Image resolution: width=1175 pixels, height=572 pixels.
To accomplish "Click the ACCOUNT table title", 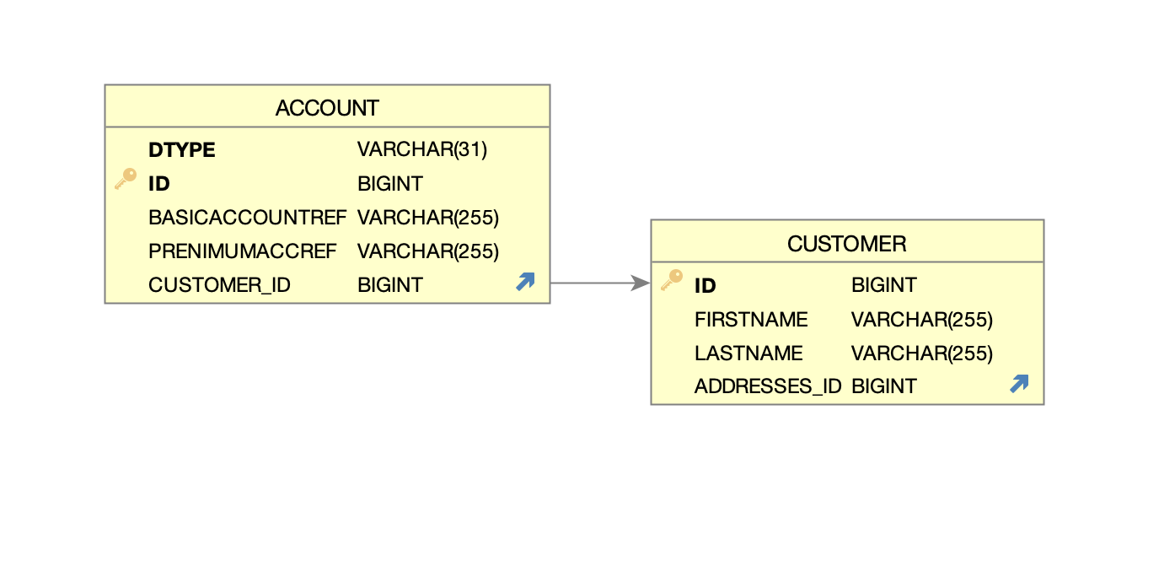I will pos(327,108).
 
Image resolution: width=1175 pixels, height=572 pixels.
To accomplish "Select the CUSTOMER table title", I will pos(846,244).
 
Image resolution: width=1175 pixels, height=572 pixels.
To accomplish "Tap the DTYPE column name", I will pos(181,150).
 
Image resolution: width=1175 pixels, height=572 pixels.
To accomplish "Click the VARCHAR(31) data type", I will pos(422,150).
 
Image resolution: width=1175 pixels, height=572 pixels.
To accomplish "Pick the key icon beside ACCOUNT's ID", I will pos(126,179).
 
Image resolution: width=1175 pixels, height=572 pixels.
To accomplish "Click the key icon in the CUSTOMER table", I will pos(672,280).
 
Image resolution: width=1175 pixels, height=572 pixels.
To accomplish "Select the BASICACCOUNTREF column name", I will pos(247,218).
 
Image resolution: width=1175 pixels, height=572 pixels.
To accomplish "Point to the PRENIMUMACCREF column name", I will pos(243,251).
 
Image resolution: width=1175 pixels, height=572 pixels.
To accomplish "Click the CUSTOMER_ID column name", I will pos(219,285).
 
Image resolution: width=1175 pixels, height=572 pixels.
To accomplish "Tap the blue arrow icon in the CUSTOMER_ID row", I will pos(525,283).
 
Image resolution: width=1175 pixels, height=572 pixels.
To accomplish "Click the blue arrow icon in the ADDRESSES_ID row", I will pos(1019,384).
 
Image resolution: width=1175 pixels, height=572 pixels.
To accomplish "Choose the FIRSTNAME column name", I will pos(751,320).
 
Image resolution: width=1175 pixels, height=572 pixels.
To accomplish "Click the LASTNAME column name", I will pos(748,353).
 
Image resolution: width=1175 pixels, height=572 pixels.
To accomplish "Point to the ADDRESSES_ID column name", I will pos(767,386).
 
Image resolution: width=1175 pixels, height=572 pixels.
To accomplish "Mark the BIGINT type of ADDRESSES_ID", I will pos(883,386).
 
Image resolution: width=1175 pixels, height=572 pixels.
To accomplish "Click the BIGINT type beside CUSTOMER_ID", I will pos(390,285).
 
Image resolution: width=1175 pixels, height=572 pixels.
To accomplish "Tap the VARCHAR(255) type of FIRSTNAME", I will pos(922,320).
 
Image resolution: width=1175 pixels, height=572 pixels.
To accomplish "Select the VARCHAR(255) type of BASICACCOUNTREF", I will pos(428,218).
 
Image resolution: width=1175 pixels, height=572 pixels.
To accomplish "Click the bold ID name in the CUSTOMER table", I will pos(705,286).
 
